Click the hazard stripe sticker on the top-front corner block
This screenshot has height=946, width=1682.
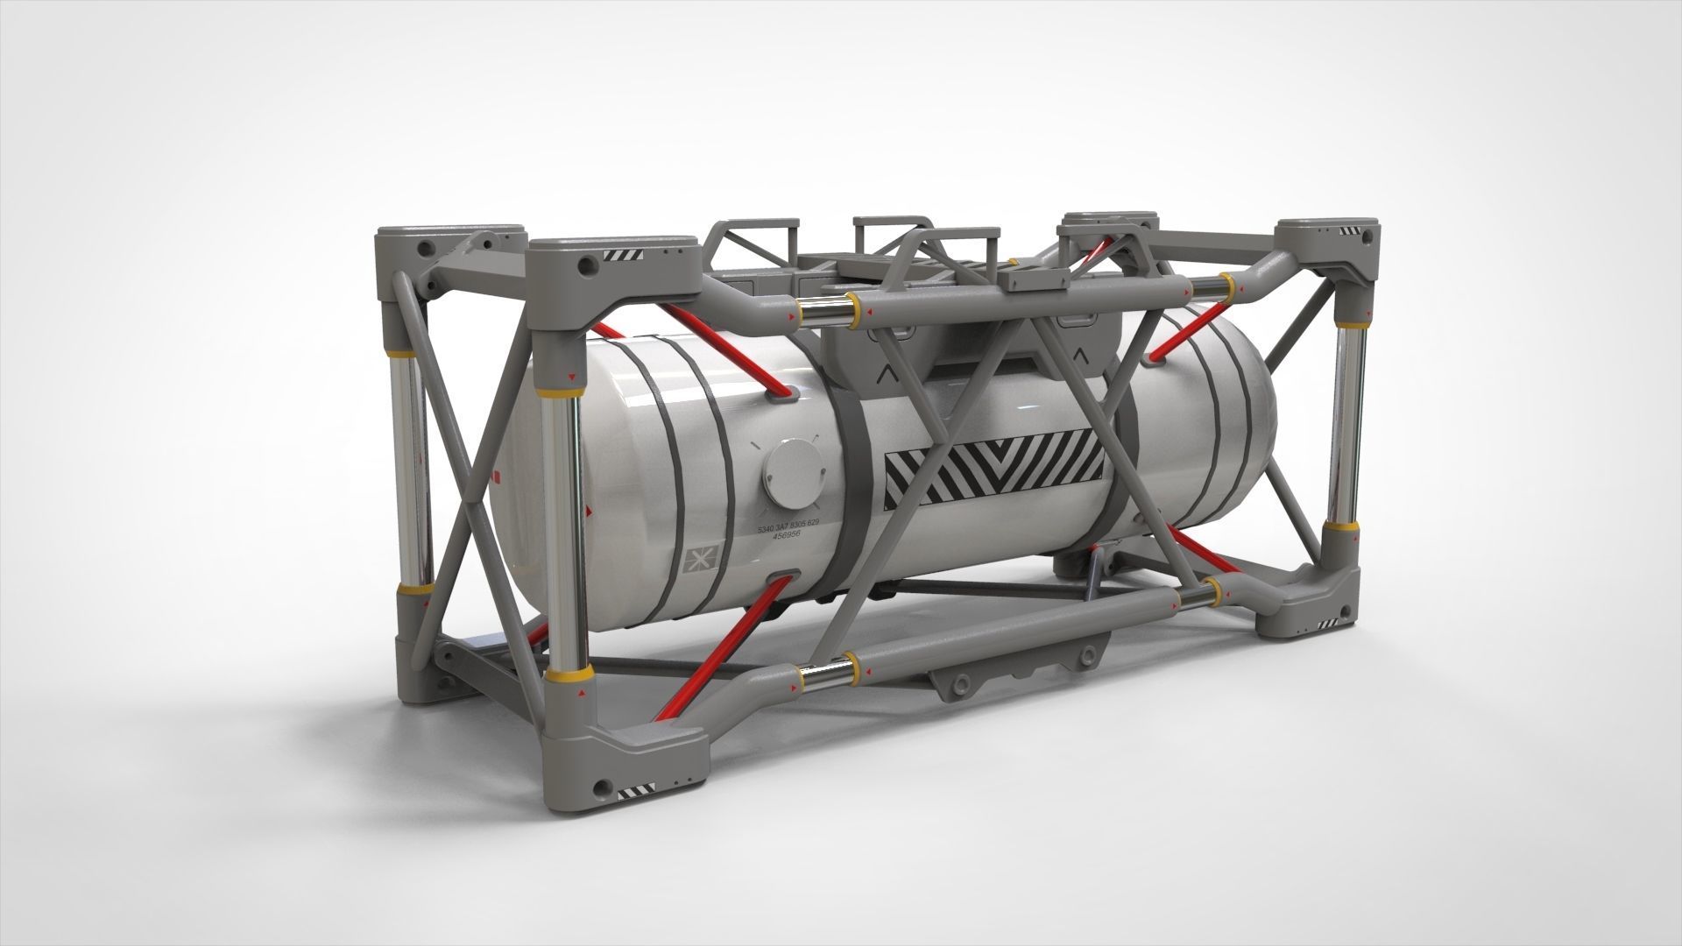[x=623, y=255]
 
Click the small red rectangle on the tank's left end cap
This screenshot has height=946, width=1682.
[x=498, y=476]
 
